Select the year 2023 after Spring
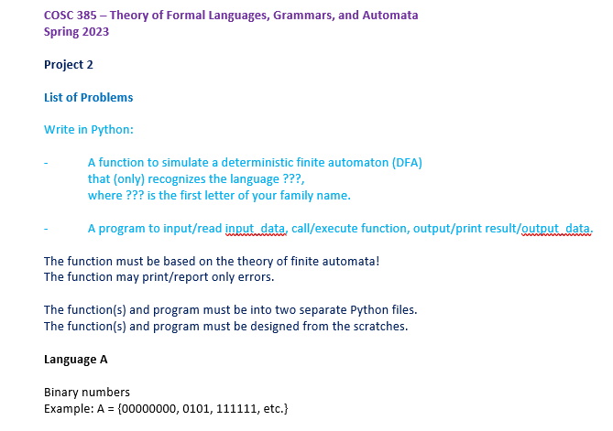click(94, 32)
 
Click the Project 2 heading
click(69, 64)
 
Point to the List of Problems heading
click(88, 97)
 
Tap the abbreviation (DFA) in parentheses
click(407, 162)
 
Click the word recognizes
click(178, 178)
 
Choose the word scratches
click(373, 326)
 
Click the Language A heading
click(76, 359)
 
